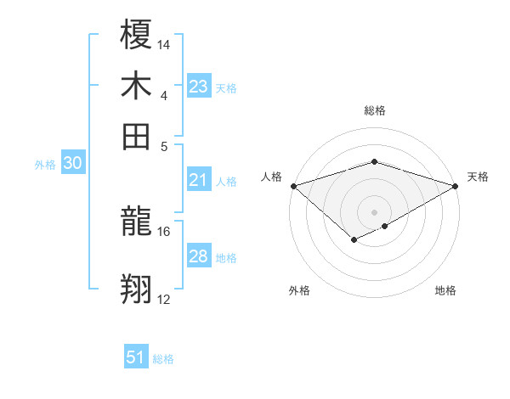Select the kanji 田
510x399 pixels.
click(x=137, y=136)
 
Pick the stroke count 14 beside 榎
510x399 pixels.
click(x=164, y=44)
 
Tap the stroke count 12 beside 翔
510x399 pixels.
click(x=164, y=299)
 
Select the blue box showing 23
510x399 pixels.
click(x=199, y=87)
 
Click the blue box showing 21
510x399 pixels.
click(x=199, y=179)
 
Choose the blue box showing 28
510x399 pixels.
click(x=199, y=256)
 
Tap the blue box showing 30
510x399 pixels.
click(x=72, y=164)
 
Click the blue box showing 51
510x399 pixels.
click(x=136, y=357)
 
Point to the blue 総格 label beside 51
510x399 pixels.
click(x=163, y=359)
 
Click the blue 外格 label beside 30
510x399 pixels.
click(x=45, y=165)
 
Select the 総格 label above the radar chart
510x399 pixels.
click(x=375, y=110)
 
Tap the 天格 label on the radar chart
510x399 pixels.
click(x=479, y=177)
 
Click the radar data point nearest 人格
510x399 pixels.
click(x=293, y=186)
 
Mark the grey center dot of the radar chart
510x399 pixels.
click(x=375, y=211)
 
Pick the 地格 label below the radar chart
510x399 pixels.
click(x=445, y=290)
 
